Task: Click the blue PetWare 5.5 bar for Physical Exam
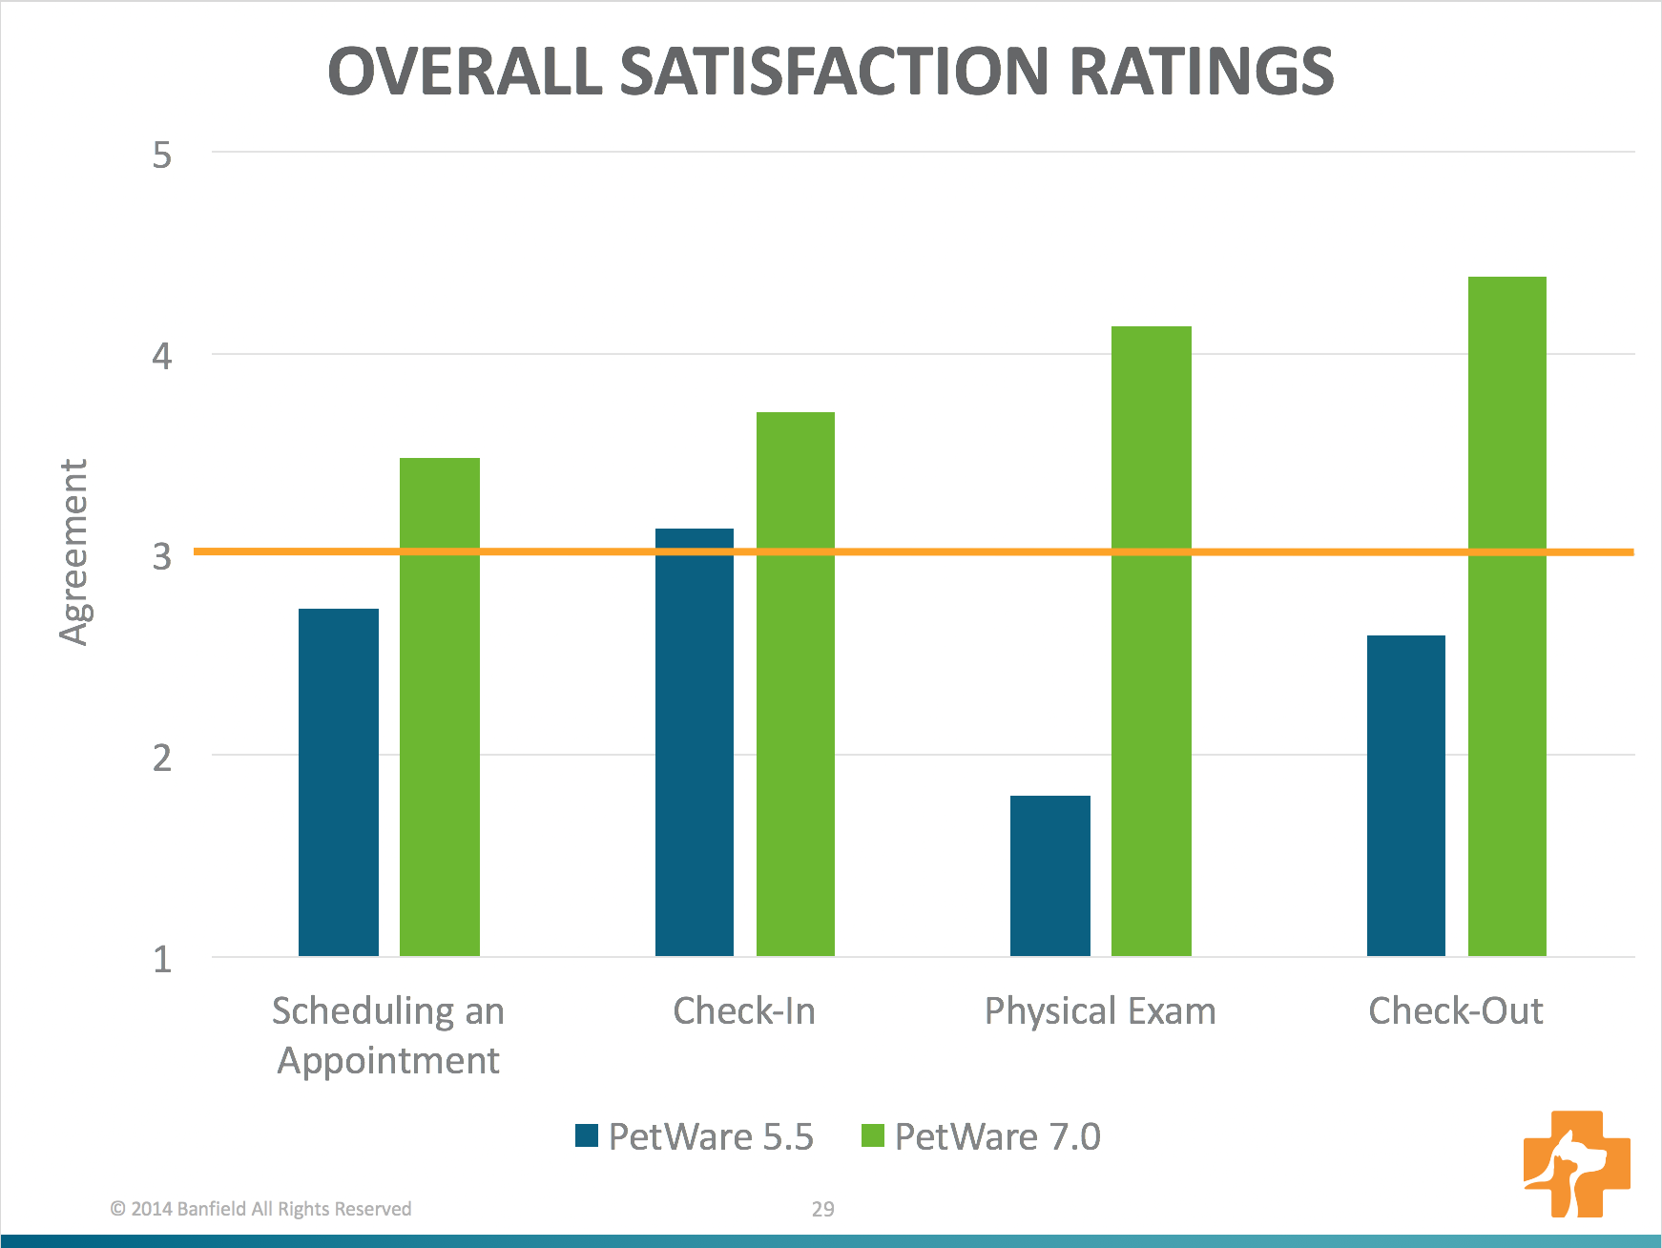coord(1049,875)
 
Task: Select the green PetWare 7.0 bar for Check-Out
coord(1506,615)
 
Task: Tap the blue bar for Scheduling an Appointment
coord(338,781)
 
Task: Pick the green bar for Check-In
coord(795,683)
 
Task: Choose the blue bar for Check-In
coord(694,741)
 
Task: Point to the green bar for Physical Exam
coord(1151,640)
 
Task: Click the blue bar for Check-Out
coord(1405,795)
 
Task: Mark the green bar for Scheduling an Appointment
coord(439,706)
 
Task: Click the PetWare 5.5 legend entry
coord(695,1136)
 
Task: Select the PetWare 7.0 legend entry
coord(981,1136)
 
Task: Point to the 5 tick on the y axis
coord(162,155)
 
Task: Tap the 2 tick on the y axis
coord(162,758)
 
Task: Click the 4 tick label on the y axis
coord(162,356)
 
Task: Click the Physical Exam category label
coord(1100,1011)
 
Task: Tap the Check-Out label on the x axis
coord(1455,1011)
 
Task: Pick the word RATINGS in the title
coord(1201,72)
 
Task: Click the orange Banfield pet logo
coord(1576,1163)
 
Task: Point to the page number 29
coord(822,1209)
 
